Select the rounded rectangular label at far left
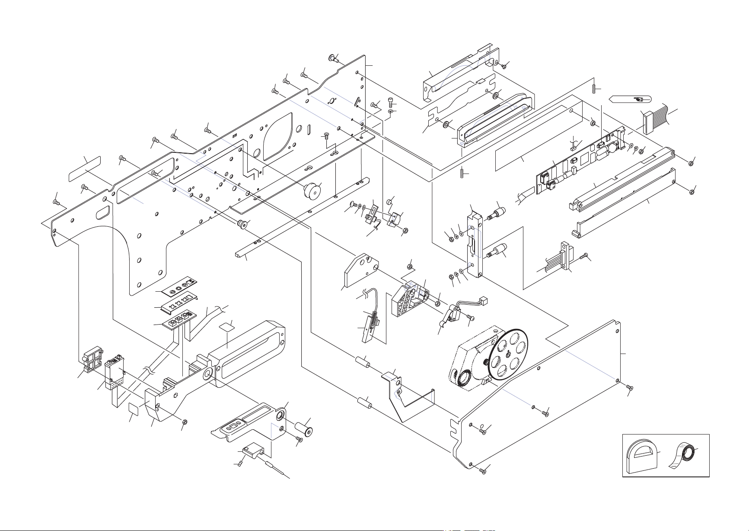[x=85, y=169]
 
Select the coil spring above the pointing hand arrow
[x=595, y=88]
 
